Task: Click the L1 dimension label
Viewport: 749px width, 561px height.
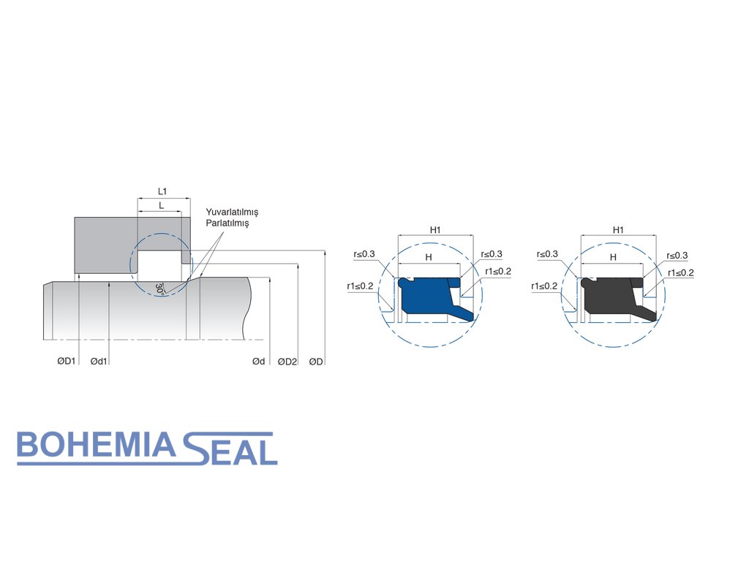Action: point(162,191)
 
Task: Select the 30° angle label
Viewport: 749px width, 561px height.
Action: point(159,288)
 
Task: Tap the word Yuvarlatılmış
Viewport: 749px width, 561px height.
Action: point(232,213)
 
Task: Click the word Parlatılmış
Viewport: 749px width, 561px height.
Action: point(227,223)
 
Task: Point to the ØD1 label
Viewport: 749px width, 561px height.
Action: point(67,362)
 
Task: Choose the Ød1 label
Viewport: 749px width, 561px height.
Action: point(99,362)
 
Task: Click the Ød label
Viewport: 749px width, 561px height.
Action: point(258,362)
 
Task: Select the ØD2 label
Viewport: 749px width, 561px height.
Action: point(287,362)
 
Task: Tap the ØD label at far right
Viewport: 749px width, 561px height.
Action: point(317,362)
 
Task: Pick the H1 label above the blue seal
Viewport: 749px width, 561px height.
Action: point(435,230)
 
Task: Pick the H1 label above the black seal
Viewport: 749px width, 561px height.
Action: point(618,230)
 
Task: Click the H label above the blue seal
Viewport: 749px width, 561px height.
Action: point(429,257)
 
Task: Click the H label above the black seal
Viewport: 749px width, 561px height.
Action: point(613,257)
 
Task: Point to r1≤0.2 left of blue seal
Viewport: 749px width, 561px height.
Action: point(361,286)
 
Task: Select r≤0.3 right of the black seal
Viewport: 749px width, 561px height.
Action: point(677,256)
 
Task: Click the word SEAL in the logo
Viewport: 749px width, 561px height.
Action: point(230,449)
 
